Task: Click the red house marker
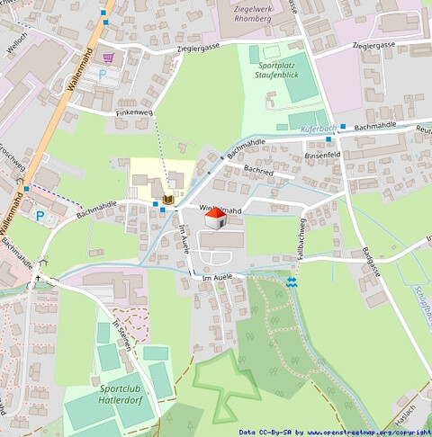tap(215, 218)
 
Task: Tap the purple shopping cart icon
tap(109, 58)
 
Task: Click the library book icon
tap(167, 197)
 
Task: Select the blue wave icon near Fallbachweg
tap(291, 282)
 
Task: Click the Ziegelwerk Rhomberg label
tap(245, 12)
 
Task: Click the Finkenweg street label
tap(134, 113)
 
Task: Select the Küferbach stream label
tap(318, 129)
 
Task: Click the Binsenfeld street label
tap(323, 155)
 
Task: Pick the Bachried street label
tap(258, 171)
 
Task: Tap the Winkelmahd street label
tap(220, 210)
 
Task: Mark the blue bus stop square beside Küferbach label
tap(342, 127)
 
